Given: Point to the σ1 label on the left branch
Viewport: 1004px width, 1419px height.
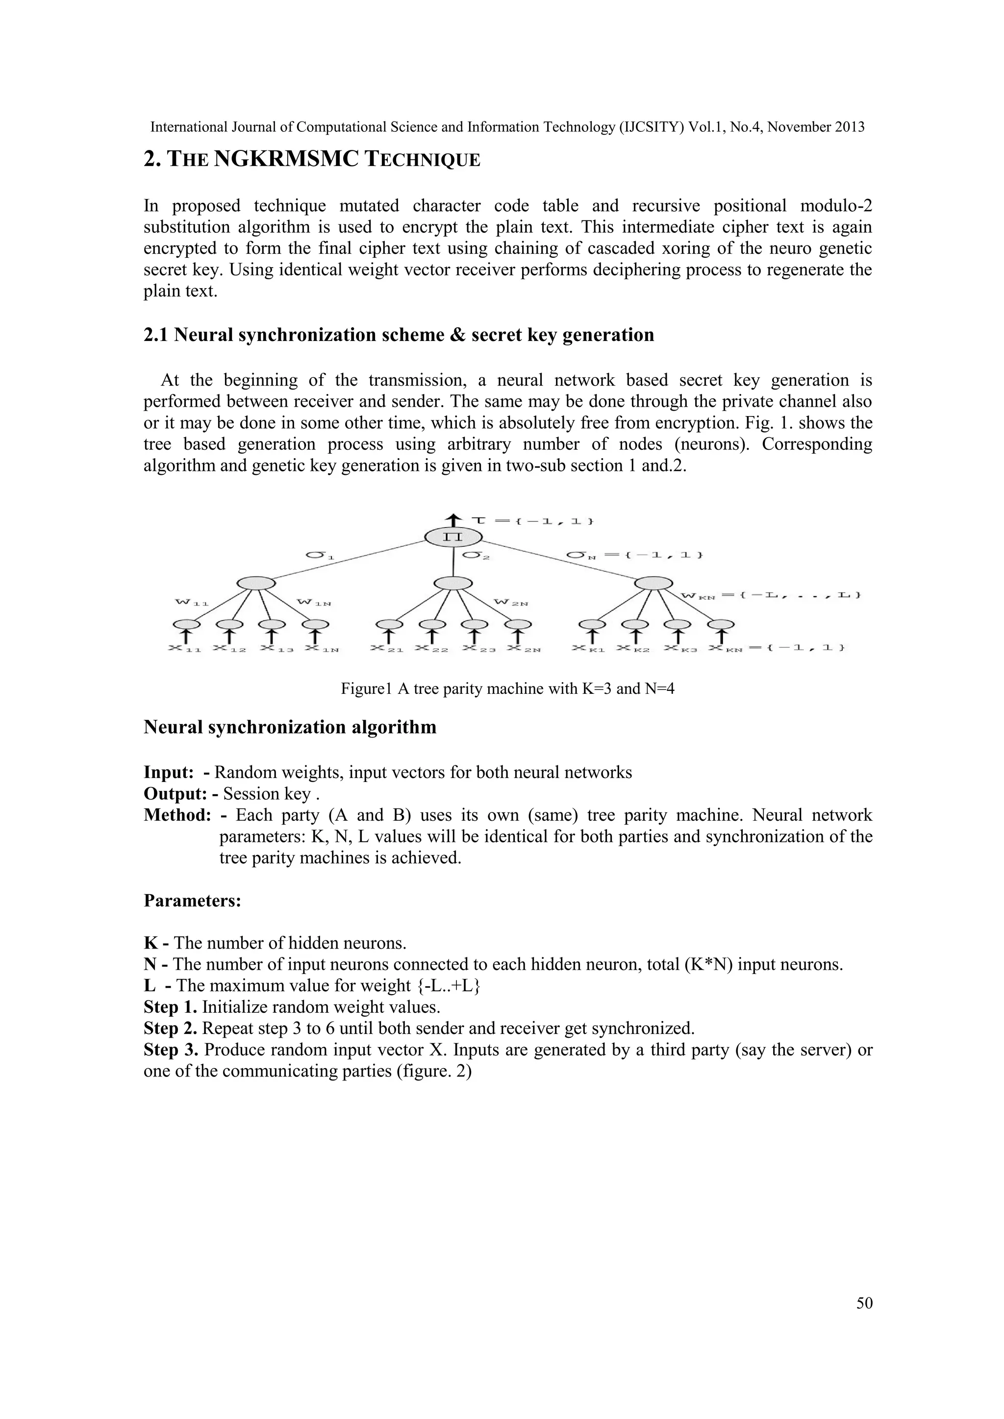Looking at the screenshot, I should coord(320,556).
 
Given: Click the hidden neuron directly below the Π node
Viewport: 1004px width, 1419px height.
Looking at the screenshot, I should coord(453,583).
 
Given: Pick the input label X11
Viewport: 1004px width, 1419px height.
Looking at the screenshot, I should coord(185,648).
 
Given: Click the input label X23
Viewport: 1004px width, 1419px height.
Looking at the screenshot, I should coord(478,648).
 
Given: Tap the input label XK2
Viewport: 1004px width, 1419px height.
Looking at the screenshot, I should coord(632,648).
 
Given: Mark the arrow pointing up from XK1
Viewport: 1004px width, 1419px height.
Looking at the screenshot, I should coord(592,636).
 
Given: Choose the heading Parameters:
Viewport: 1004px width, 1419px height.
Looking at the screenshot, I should coord(192,901).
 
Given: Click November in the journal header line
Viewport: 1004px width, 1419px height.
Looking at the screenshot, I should coord(803,127).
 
